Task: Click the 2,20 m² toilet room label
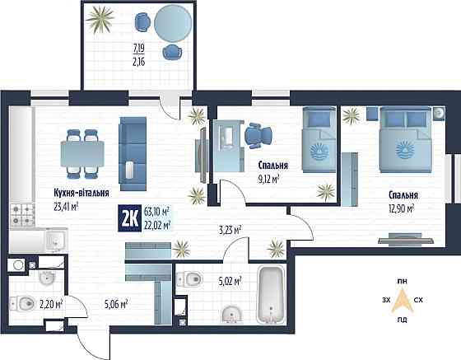point(52,304)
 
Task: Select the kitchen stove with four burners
point(21,216)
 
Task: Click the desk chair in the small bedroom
point(257,133)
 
